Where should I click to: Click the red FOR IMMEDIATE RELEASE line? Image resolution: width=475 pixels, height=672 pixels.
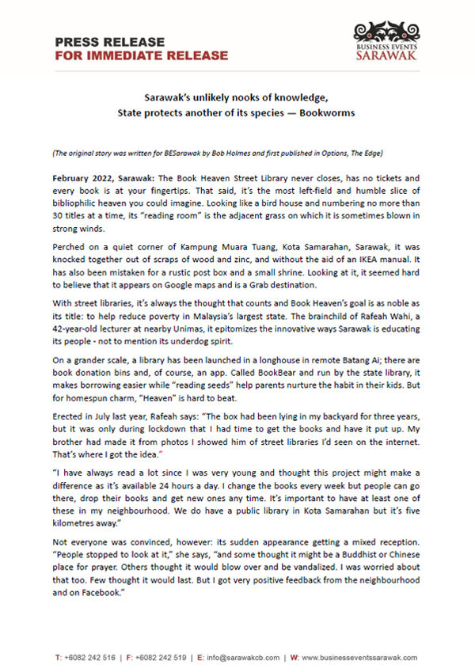click(141, 56)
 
